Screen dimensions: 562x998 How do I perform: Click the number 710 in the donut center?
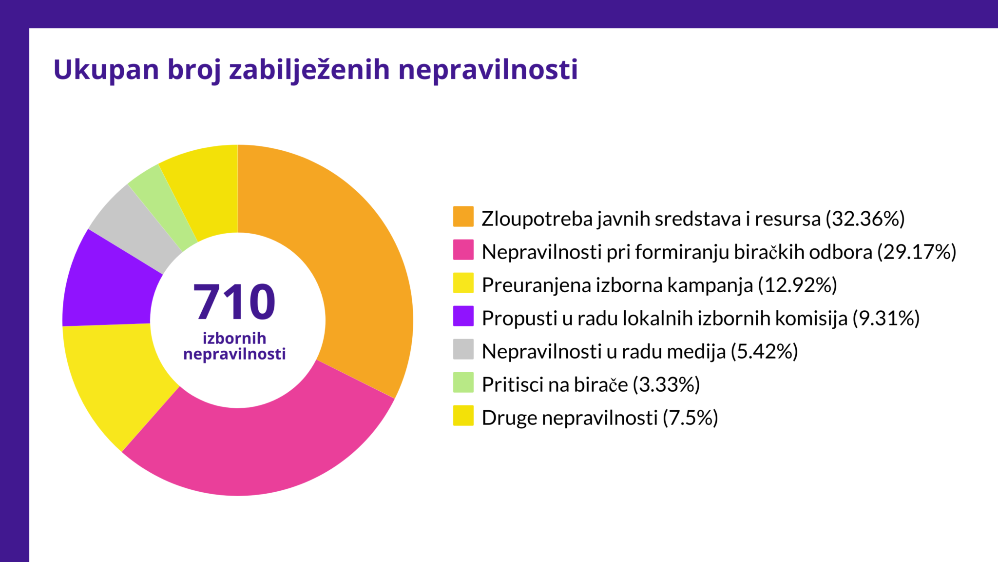(234, 302)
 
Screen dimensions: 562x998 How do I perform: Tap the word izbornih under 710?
(234, 338)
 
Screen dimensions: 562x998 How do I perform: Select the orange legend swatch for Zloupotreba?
(463, 217)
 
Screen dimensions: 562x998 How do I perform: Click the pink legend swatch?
(463, 250)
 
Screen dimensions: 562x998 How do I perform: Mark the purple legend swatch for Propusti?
(463, 316)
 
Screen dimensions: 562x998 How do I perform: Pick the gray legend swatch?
(463, 349)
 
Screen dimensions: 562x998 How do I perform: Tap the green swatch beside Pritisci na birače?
(463, 382)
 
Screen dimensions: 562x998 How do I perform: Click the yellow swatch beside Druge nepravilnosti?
(463, 416)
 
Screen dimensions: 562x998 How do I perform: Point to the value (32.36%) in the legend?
(865, 219)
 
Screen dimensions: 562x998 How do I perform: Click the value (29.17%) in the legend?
(917, 252)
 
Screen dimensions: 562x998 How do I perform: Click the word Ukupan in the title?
(106, 70)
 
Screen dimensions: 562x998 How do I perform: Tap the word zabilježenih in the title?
(309, 70)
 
